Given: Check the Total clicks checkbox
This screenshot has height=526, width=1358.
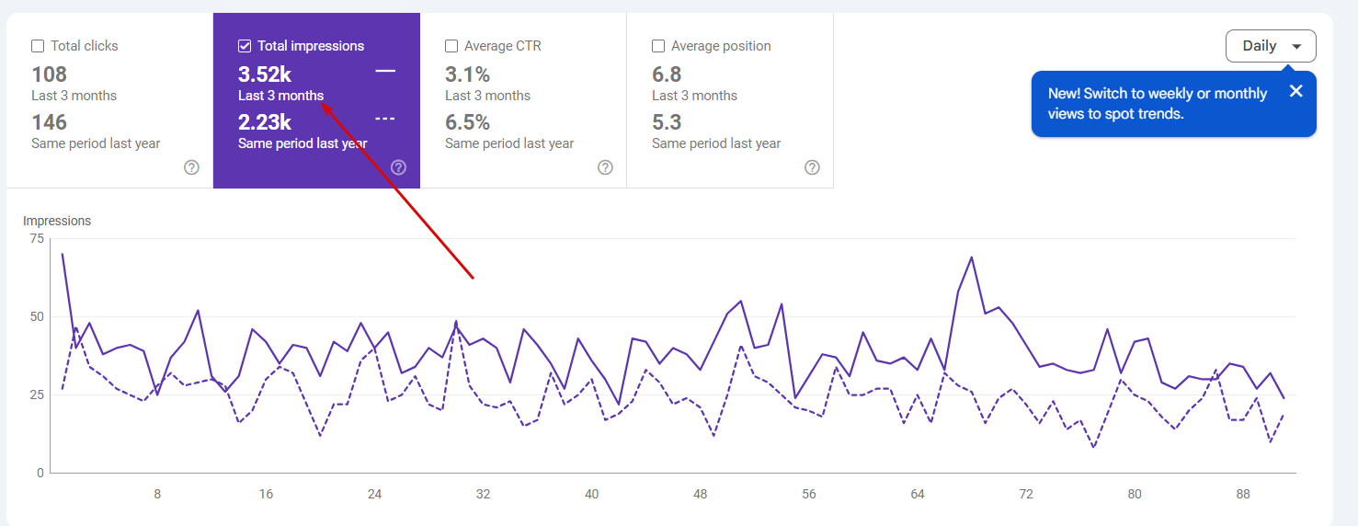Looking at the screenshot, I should point(38,46).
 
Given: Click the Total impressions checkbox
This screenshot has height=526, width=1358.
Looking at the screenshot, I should point(245,46).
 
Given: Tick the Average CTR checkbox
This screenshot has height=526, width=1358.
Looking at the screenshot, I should point(451,46).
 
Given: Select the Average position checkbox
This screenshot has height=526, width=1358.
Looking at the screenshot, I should point(658,46).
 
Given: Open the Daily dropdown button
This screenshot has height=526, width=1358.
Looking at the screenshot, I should point(1270,46).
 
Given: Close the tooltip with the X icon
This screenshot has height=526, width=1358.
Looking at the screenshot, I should point(1295,91).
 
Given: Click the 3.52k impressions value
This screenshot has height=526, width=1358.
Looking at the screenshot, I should point(265,74).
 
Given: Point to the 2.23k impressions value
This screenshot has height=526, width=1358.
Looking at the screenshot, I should point(265,122).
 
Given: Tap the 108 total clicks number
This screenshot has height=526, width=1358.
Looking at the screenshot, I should point(50,74).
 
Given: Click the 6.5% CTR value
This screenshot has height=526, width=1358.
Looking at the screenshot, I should point(467,122).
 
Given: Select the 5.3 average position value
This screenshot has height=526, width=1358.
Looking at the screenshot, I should point(667,122).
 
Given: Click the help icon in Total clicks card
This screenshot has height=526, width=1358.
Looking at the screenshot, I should point(191,167).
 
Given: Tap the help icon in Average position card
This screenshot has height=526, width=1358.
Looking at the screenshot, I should point(812,167).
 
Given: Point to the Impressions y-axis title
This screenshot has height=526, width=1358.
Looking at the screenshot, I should point(57,221).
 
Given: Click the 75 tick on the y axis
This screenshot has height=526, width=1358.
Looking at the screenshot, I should point(37,239).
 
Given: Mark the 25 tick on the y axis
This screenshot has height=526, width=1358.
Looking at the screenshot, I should point(37,395).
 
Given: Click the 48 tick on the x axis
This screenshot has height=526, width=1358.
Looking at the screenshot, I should point(701,494).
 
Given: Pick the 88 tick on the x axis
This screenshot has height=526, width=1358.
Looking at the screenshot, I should point(1243,494).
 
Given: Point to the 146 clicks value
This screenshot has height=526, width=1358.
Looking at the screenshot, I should point(50,122).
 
